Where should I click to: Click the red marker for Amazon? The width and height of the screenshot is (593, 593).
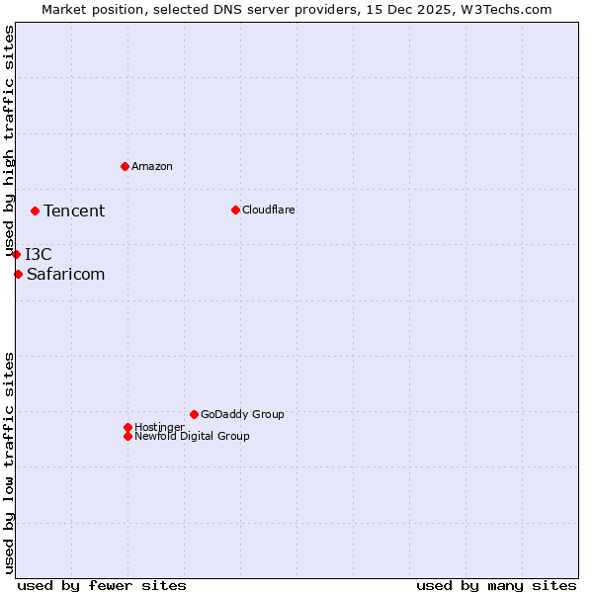click(x=125, y=166)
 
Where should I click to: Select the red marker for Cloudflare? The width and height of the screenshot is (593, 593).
click(x=235, y=210)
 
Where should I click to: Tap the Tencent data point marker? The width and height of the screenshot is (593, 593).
click(x=35, y=211)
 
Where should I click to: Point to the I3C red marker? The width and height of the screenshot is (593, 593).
click(x=16, y=254)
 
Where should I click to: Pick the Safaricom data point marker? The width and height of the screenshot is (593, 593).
click(x=18, y=274)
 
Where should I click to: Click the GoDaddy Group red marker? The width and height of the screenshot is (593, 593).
click(x=194, y=414)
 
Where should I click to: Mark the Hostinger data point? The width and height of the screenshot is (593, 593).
click(x=127, y=427)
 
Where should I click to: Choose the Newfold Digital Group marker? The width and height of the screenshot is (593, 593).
click(x=127, y=436)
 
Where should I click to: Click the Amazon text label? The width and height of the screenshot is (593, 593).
click(x=152, y=166)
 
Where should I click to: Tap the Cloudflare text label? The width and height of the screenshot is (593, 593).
click(x=269, y=210)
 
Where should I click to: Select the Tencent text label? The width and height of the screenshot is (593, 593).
click(x=74, y=211)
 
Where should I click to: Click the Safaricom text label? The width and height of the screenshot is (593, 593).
click(x=65, y=274)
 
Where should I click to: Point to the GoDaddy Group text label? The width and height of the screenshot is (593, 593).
click(x=242, y=414)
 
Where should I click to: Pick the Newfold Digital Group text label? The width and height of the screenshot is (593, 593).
click(x=192, y=436)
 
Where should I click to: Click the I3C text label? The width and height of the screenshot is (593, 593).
click(x=39, y=254)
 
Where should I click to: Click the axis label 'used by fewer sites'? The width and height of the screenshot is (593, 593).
click(x=102, y=585)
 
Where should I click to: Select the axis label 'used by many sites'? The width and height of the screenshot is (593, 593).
click(x=496, y=585)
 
